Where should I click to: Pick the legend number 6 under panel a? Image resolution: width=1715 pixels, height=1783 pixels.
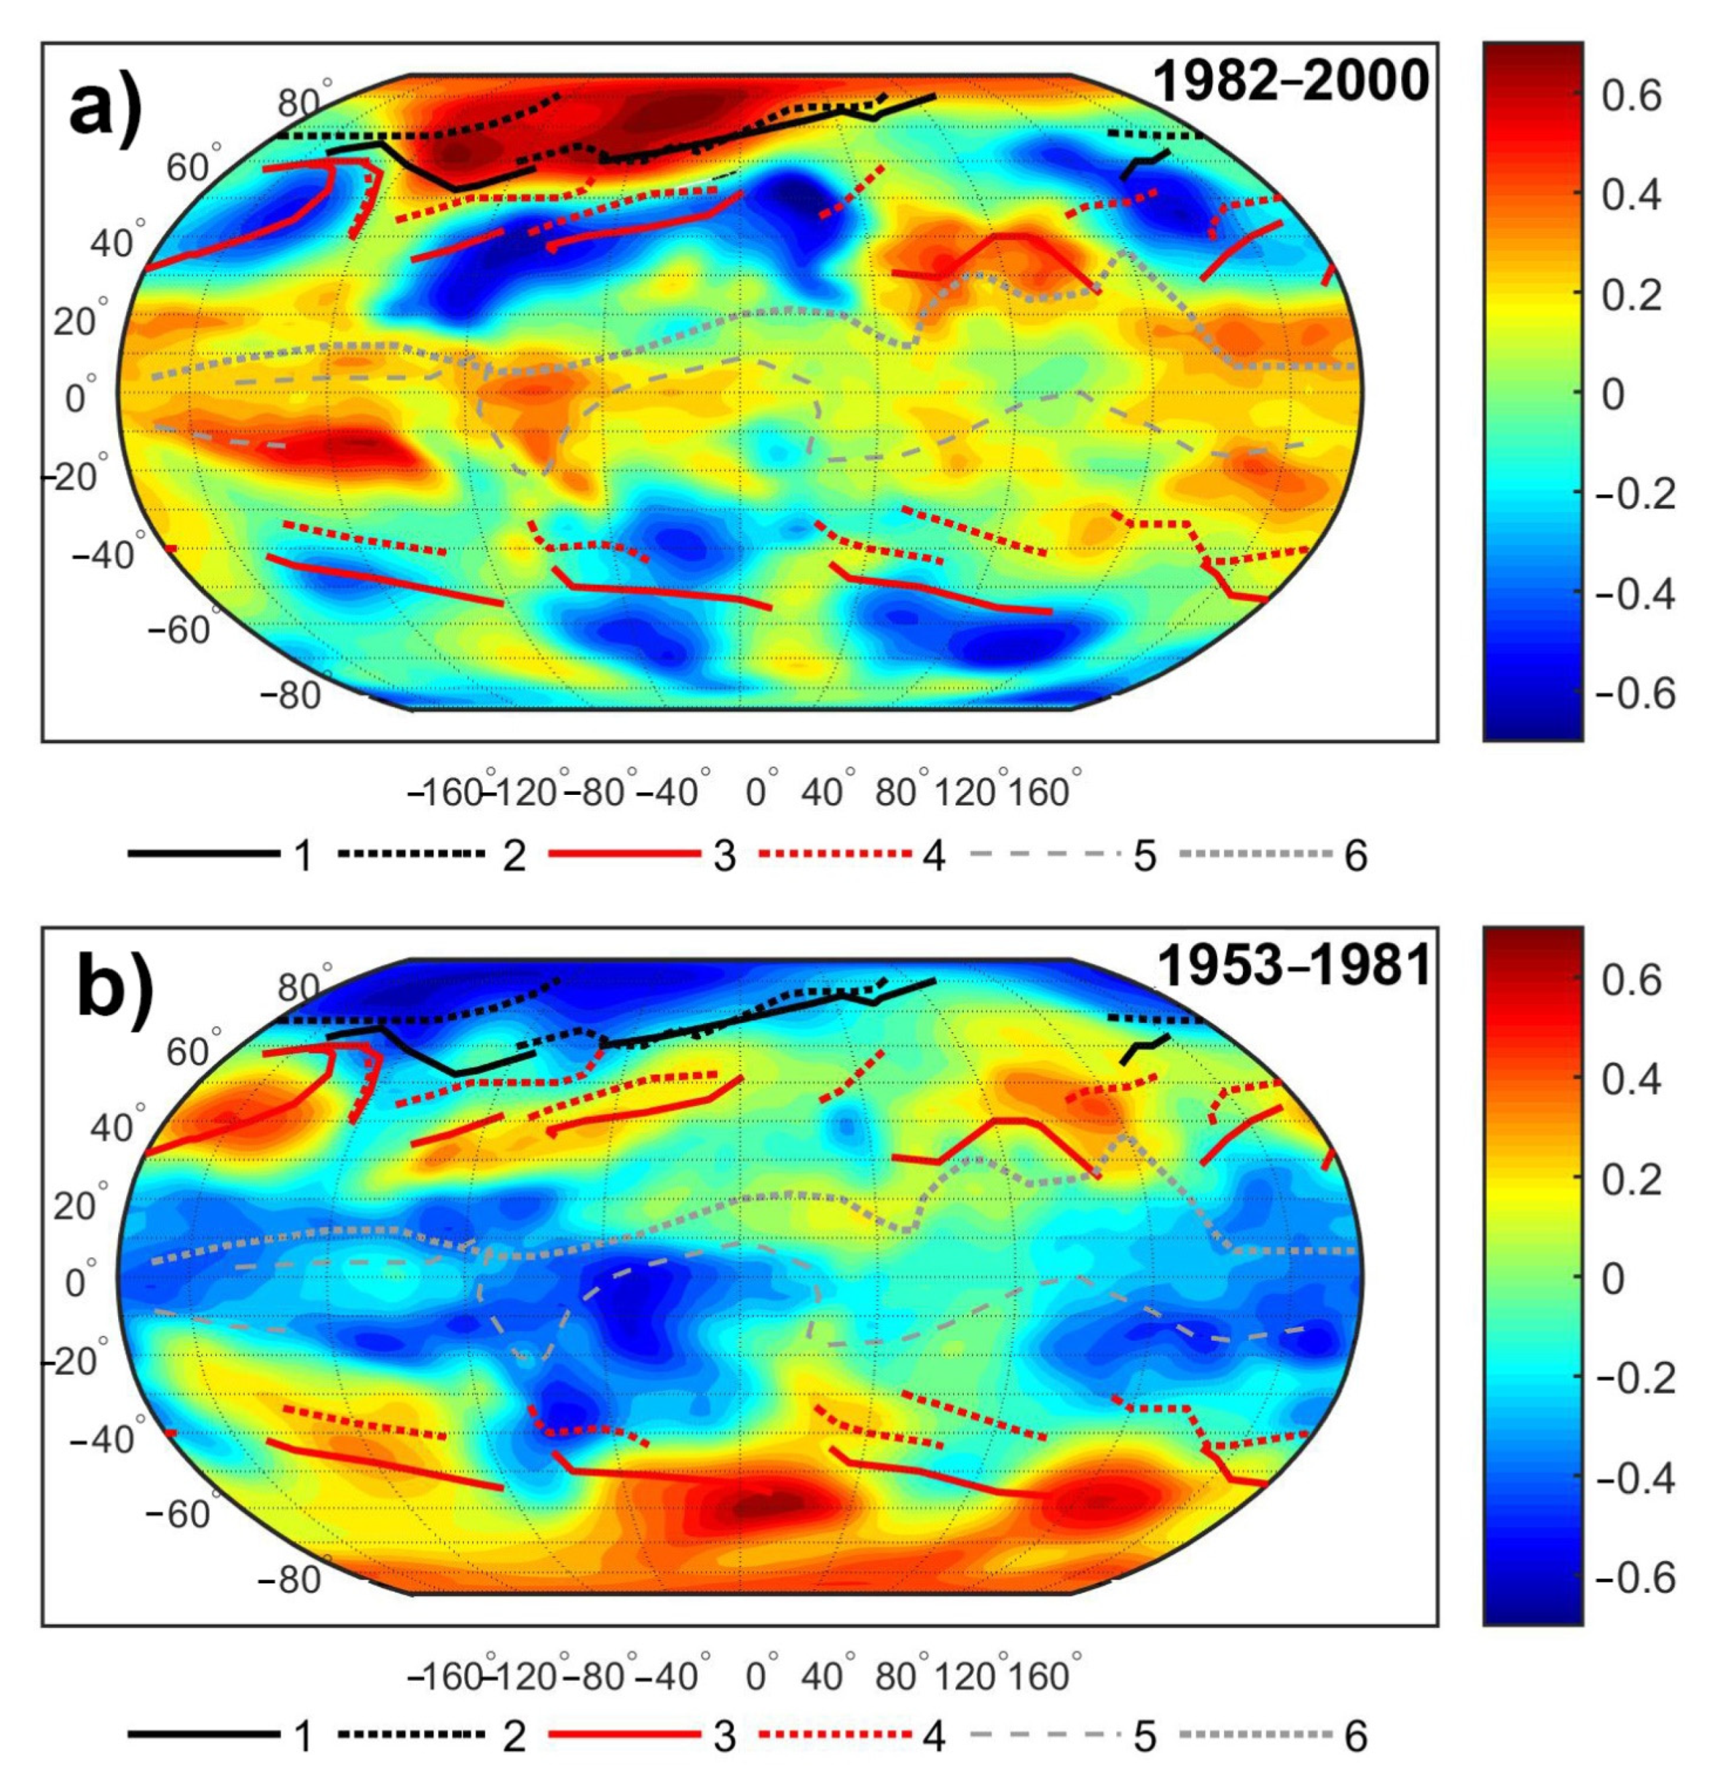[x=1355, y=856]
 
